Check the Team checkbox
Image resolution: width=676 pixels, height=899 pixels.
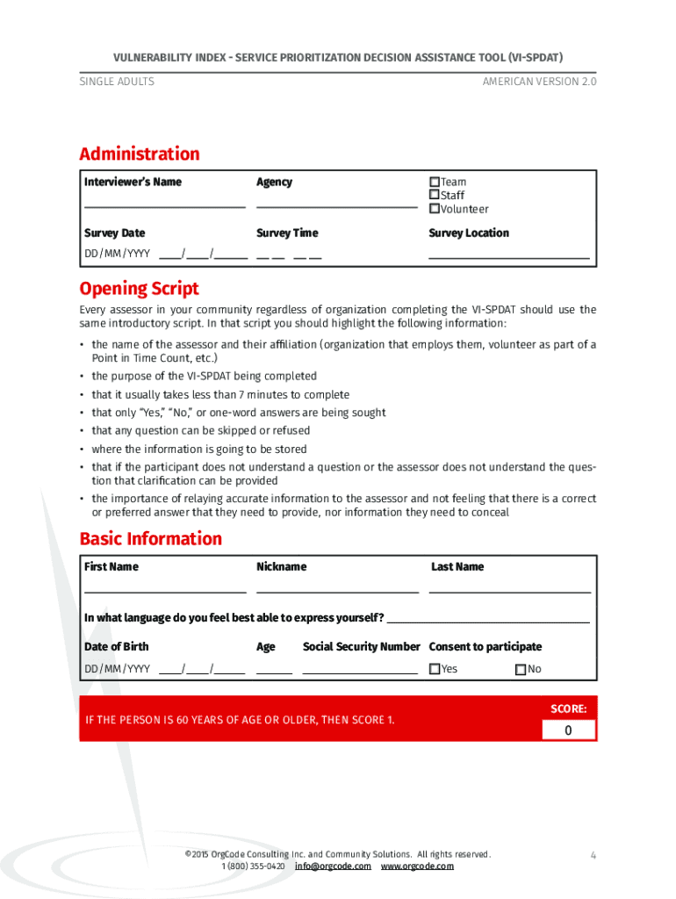[434, 182]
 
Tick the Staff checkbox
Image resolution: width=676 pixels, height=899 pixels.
[434, 195]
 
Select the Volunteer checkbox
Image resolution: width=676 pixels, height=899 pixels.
[434, 209]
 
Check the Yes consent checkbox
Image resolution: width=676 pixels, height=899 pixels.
[434, 669]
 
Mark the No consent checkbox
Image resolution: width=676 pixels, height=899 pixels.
[521, 669]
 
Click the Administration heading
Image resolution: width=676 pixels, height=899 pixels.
[140, 154]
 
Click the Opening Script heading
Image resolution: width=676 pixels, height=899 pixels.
[139, 289]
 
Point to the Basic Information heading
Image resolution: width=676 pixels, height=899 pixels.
[150, 538]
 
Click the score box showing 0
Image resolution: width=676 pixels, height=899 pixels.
[567, 730]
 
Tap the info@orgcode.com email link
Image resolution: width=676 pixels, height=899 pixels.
[333, 866]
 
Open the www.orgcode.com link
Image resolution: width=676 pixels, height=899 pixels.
[417, 866]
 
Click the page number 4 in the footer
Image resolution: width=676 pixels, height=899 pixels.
[593, 855]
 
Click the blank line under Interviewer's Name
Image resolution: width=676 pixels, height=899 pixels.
[164, 205]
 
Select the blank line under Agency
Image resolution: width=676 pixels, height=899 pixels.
[336, 205]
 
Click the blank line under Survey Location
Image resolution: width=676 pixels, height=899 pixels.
[508, 256]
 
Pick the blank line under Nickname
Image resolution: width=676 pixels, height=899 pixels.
[337, 591]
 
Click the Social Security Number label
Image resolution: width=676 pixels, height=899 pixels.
[361, 647]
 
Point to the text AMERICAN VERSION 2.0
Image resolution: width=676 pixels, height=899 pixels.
[538, 82]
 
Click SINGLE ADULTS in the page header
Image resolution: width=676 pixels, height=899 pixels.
[117, 82]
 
